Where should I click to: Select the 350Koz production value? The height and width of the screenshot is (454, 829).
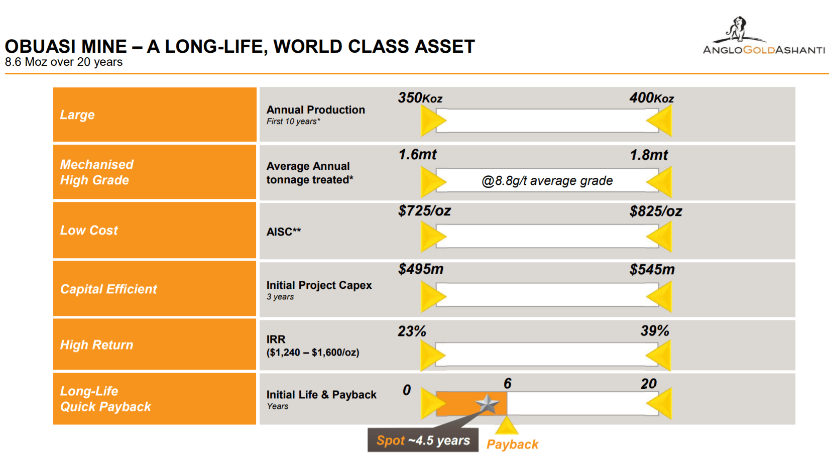[x=420, y=97]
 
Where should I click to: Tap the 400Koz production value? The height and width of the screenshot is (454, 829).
[x=651, y=97]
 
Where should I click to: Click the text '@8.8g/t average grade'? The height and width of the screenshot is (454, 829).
[x=547, y=181]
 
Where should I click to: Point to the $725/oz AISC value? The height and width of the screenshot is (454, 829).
[x=424, y=211]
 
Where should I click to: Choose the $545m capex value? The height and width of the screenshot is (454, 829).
[x=652, y=270]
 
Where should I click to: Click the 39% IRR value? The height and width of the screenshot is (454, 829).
[x=654, y=331]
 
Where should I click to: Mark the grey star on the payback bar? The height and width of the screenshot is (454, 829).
[x=487, y=403]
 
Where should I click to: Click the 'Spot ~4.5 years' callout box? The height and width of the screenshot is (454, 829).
[x=423, y=440]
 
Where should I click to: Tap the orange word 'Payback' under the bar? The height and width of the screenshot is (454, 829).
[x=512, y=444]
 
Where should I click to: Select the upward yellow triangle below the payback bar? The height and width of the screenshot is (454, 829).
[x=506, y=426]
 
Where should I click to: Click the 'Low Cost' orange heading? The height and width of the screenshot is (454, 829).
[x=89, y=231]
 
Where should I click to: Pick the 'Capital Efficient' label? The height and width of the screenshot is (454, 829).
[x=108, y=289]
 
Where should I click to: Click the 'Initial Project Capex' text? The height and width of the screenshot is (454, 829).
[x=319, y=285]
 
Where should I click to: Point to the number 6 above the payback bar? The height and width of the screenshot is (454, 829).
[x=508, y=384]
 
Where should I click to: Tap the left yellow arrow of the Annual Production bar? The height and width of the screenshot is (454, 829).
[x=432, y=121]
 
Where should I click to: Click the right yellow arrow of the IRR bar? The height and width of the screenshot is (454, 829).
[x=660, y=355]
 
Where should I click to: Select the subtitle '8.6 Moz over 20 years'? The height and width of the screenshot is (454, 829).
[x=64, y=62]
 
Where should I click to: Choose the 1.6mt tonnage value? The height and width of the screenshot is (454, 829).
[x=417, y=155]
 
